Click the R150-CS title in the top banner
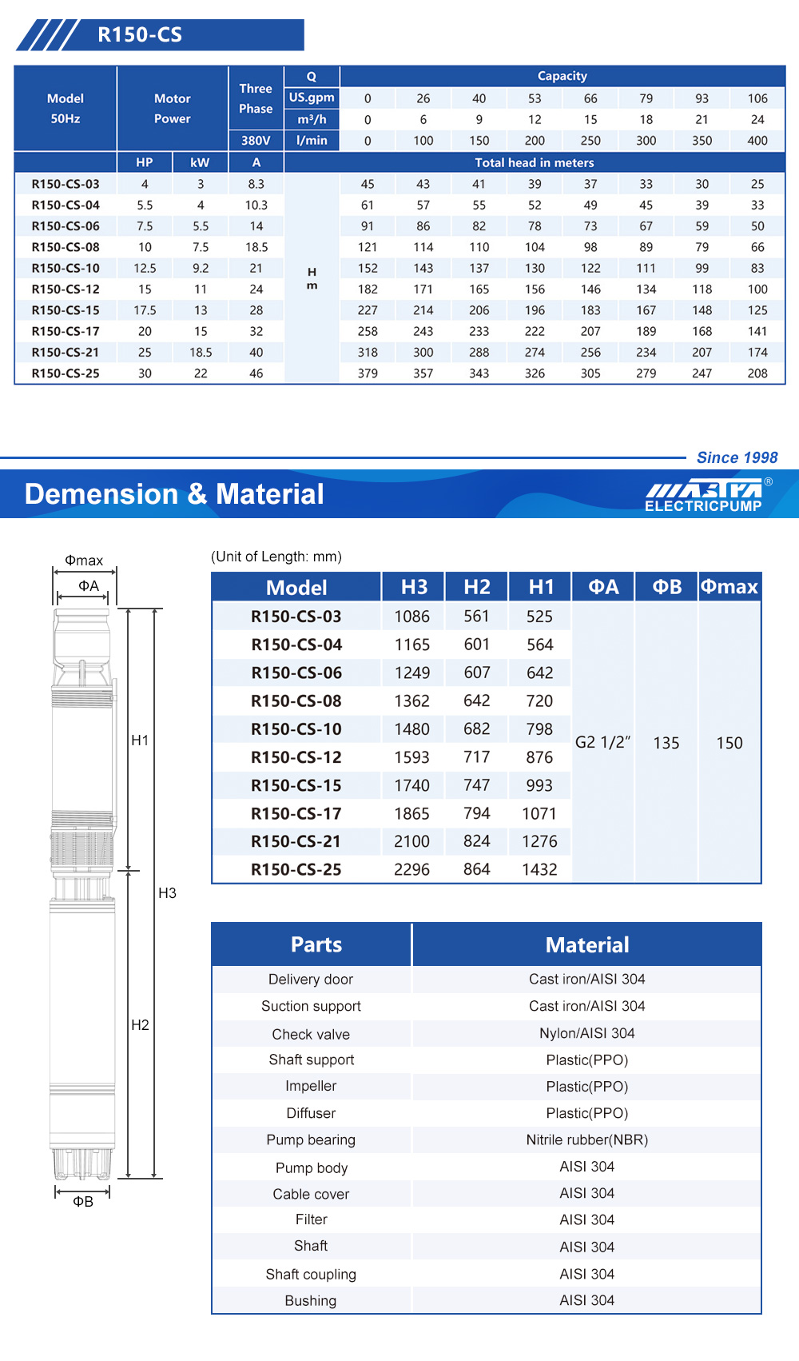tap(140, 35)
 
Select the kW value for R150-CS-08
tap(200, 247)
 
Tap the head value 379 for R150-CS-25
tap(368, 373)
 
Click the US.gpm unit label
tap(312, 98)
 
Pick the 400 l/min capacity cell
tap(757, 141)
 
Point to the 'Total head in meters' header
tap(535, 162)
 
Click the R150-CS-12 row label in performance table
tap(66, 289)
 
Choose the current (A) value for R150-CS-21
tap(256, 353)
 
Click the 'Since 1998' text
tap(737, 457)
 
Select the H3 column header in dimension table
tap(414, 587)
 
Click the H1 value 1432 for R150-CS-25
tap(539, 869)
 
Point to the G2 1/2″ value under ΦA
tap(602, 742)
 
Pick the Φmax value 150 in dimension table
tap(729, 743)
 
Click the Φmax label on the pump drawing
tap(84, 561)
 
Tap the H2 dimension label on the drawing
tap(140, 1024)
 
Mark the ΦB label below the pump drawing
tap(83, 1201)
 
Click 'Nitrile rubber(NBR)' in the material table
tap(586, 1139)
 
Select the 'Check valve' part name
tap(311, 1034)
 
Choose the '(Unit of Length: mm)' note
tap(276, 557)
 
